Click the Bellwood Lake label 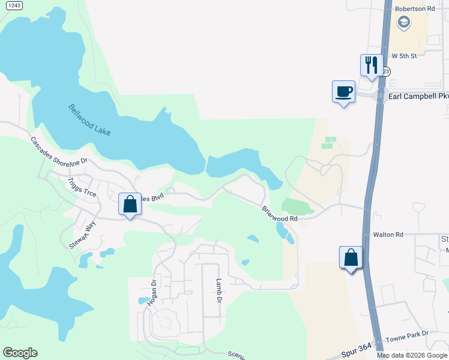pos(89,120)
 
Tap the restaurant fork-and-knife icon pos(371,64)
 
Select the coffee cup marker pos(343,92)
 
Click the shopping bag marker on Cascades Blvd pos(130,205)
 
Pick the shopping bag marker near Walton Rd pos(351,257)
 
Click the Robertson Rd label pos(414,9)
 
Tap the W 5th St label pos(403,55)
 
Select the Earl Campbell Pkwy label pos(418,96)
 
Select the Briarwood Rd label pos(279,214)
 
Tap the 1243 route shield pos(16,5)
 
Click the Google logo pos(20,353)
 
